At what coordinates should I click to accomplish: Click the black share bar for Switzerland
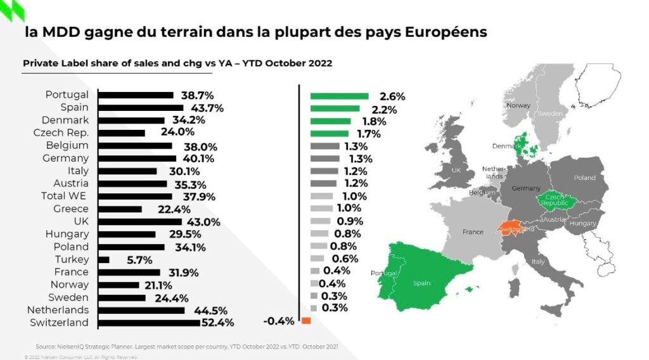pyautogui.click(x=150, y=323)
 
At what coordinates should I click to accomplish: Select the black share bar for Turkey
pyautogui.click(x=105, y=259)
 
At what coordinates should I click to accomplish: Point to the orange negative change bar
pyautogui.click(x=306, y=321)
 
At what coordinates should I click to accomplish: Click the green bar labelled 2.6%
pyautogui.click(x=339, y=96)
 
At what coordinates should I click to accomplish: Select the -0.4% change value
pyautogui.click(x=279, y=321)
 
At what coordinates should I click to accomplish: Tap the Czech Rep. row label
pyautogui.click(x=61, y=132)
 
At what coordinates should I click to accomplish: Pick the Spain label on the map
pyautogui.click(x=422, y=283)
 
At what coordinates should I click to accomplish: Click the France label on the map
pyautogui.click(x=473, y=232)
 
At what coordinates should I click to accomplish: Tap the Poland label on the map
pyautogui.click(x=584, y=178)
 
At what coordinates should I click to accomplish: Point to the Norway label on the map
pyautogui.click(x=518, y=106)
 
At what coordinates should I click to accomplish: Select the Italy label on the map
pyautogui.click(x=538, y=261)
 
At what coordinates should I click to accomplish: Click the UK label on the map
pyautogui.click(x=456, y=170)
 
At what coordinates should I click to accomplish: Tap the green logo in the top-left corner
pyautogui.click(x=12, y=11)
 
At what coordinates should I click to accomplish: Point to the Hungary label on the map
pyautogui.click(x=583, y=224)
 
